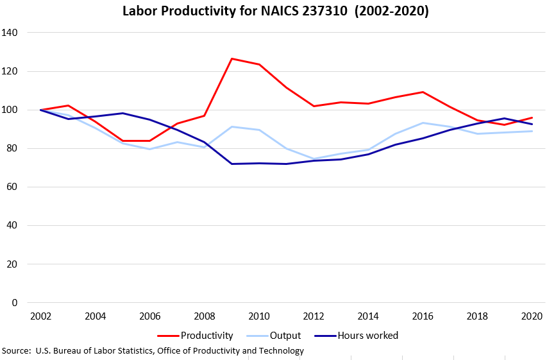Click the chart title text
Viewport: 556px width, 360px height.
[x=276, y=11]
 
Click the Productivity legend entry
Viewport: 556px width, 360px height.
[x=195, y=336]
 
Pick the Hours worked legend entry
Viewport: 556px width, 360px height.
[x=356, y=336]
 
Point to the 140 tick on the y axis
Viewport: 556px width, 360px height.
[x=9, y=33]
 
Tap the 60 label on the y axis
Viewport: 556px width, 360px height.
[x=12, y=187]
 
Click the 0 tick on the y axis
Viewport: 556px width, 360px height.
[x=15, y=303]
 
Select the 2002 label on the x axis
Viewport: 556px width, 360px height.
[x=41, y=316]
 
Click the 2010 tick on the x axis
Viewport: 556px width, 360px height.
[x=259, y=316]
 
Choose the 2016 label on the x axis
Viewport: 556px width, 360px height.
[x=423, y=316]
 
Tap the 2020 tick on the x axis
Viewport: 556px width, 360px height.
[x=532, y=316]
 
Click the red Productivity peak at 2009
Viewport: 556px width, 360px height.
[x=232, y=58]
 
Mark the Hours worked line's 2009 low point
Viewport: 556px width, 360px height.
[x=232, y=164]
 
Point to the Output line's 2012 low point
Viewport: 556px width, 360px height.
[x=314, y=159]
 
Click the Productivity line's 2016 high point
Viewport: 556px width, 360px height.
[x=423, y=92]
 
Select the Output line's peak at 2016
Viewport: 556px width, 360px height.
[x=423, y=123]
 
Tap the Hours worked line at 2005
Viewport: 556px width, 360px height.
[x=122, y=113]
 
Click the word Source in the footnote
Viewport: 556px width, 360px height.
[x=15, y=351]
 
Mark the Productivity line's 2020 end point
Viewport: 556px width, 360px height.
[x=532, y=117]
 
